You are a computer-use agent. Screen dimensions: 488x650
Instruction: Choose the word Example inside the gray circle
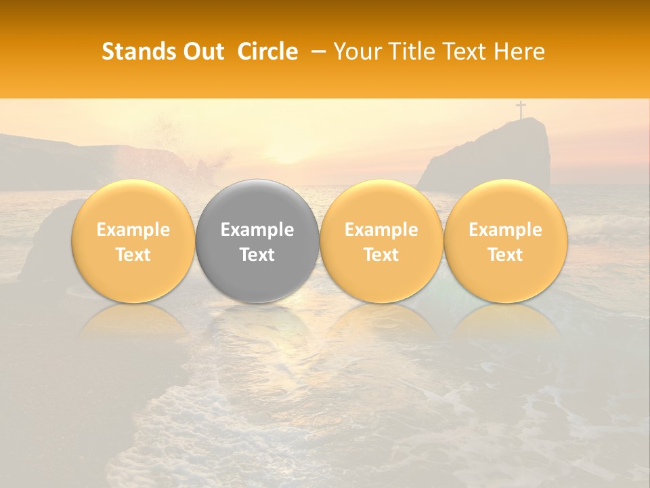coord(257,230)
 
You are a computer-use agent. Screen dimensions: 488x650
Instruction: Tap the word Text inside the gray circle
coord(257,255)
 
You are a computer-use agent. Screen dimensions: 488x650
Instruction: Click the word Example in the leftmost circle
coord(133,230)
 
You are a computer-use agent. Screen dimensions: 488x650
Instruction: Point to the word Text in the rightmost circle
coord(505,255)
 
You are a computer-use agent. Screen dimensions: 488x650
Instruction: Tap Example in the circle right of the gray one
coord(381,230)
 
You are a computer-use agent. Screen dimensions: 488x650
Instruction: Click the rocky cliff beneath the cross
coord(494,156)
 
